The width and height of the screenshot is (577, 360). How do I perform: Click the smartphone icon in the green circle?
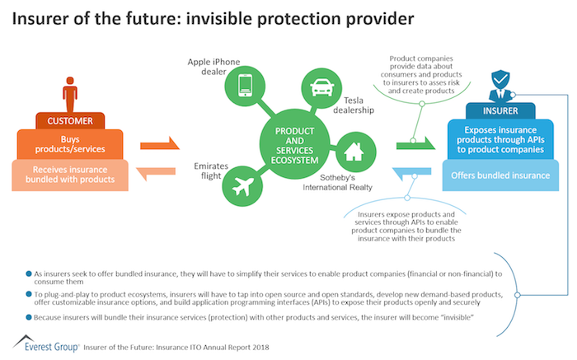[245, 86]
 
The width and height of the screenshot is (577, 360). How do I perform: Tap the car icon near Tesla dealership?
[322, 87]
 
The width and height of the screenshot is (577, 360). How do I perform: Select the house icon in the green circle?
[354, 152]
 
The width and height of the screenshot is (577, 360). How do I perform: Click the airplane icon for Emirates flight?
[243, 186]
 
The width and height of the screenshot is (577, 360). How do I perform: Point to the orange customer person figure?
[70, 94]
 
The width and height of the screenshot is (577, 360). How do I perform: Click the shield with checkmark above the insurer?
[500, 79]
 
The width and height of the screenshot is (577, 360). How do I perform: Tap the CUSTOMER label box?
[70, 120]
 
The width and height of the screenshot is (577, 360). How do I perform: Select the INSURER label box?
[500, 110]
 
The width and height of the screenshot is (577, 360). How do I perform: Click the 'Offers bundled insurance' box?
[500, 175]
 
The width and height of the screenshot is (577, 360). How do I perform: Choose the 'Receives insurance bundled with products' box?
[70, 175]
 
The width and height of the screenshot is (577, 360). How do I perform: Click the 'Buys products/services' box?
[70, 144]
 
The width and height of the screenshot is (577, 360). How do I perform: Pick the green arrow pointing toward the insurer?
[415, 144]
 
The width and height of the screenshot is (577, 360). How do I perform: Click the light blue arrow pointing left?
[411, 173]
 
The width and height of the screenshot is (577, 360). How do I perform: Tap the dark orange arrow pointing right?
[160, 144]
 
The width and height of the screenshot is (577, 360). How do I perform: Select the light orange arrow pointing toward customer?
[156, 173]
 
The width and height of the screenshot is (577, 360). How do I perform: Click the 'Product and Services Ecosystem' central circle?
[294, 144]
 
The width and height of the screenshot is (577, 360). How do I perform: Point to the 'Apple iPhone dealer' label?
[213, 67]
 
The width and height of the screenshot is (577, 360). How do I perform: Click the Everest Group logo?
[46, 344]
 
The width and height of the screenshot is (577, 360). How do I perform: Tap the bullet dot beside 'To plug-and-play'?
[29, 294]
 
